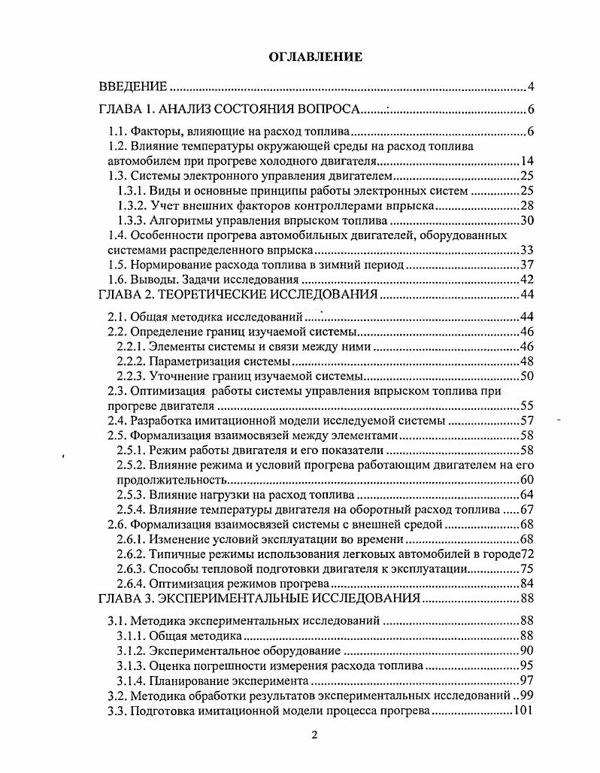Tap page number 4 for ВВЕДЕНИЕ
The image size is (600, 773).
click(530, 86)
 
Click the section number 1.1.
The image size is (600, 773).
click(119, 133)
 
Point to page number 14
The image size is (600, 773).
click(526, 162)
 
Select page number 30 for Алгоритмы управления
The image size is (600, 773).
click(526, 220)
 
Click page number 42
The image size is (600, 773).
click(526, 280)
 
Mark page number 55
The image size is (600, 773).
click(526, 405)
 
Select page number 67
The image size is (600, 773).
click(526, 509)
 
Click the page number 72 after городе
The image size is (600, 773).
click(526, 553)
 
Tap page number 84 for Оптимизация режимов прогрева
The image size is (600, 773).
click(526, 584)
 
